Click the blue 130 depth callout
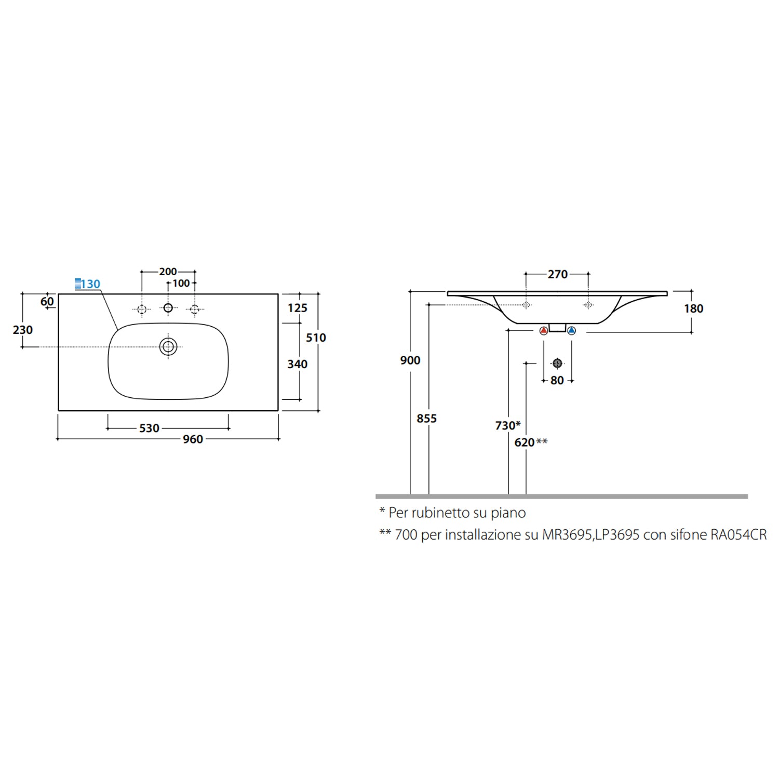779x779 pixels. tap(88, 284)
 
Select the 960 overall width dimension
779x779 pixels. tap(193, 439)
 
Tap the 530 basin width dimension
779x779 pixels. tap(149, 428)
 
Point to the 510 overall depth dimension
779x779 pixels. tap(316, 338)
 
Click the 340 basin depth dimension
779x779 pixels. tap(298, 364)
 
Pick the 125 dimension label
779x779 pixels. tap(298, 308)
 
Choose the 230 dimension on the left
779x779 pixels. tap(23, 330)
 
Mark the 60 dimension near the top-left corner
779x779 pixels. tap(47, 302)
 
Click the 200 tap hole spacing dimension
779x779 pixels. tap(168, 272)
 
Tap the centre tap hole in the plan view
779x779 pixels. tap(168, 308)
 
